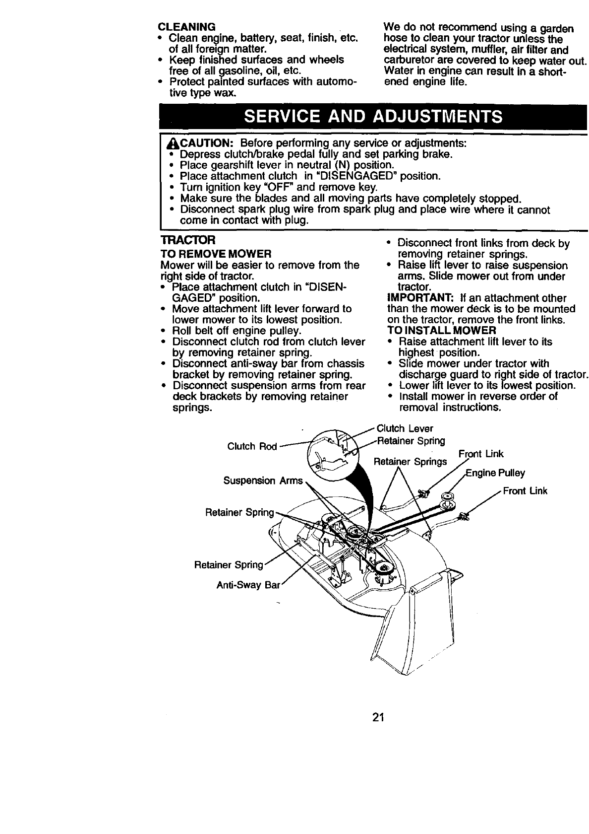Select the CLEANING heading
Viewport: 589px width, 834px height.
186,26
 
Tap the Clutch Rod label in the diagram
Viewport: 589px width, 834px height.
251,446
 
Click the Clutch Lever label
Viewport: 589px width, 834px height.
405,428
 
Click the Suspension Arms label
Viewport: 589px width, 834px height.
263,481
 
